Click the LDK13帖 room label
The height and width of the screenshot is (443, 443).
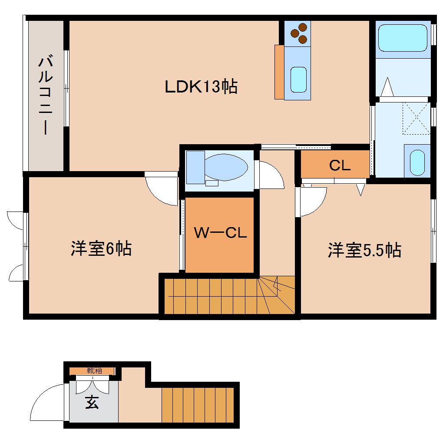(201, 87)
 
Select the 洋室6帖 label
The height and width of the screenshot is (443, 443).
(101, 249)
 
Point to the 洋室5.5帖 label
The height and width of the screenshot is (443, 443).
(364, 250)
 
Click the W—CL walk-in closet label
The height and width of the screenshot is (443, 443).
(220, 233)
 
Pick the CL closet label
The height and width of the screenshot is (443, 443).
(340, 165)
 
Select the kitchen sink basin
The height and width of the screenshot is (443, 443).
(298, 80)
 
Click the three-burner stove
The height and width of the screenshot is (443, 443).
(298, 33)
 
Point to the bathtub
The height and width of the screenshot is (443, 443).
(403, 38)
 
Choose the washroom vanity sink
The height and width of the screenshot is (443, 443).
(417, 163)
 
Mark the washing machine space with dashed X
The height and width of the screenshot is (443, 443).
(416, 117)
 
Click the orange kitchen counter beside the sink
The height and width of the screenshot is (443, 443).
(279, 72)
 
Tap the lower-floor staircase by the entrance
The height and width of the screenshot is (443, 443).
(198, 405)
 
